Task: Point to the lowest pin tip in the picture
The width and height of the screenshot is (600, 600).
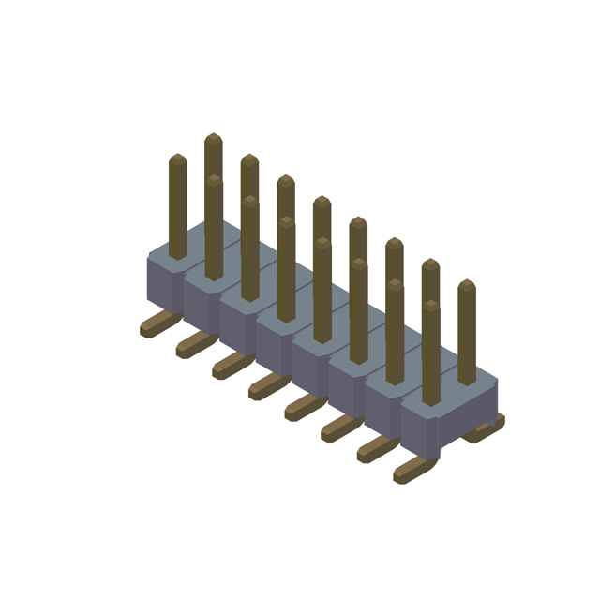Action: [430, 307]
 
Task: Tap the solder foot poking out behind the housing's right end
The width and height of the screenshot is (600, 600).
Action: [487, 428]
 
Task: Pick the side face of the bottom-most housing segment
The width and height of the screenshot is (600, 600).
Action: [419, 429]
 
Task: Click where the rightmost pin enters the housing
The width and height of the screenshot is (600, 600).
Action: [467, 381]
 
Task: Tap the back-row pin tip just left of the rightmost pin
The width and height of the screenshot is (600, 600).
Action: [430, 265]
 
